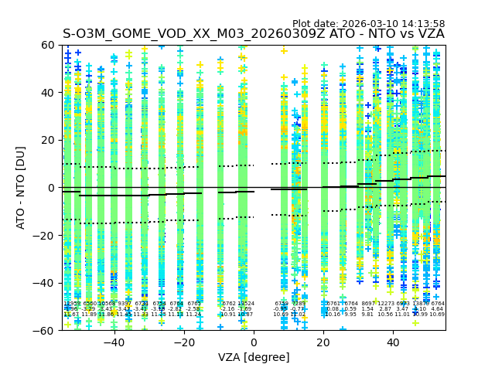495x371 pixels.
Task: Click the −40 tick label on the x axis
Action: [x=114, y=342]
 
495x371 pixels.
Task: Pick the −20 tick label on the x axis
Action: [x=183, y=342]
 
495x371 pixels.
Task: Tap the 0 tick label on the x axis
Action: [x=254, y=342]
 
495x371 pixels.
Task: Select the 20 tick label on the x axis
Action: [x=323, y=342]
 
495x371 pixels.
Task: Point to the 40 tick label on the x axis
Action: [x=393, y=342]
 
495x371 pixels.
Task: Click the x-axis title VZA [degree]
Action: [x=254, y=357]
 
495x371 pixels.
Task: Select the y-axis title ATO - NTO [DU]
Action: [x=21, y=188]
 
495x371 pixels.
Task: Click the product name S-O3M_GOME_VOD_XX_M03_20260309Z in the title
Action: [x=198, y=34]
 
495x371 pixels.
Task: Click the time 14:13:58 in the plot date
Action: [x=425, y=24]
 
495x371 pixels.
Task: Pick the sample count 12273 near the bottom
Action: [x=385, y=304]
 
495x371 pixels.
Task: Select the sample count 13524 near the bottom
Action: [x=245, y=304]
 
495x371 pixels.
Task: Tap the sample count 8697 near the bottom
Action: [x=367, y=304]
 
